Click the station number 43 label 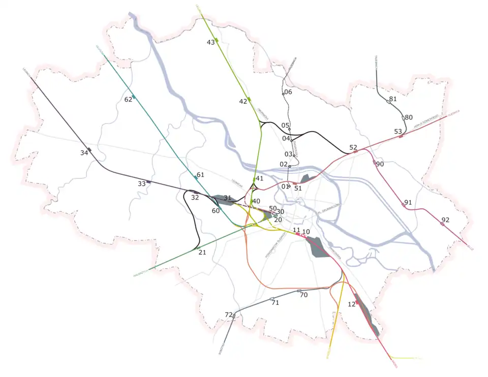[x=210, y=43]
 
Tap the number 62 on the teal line [x=128, y=100]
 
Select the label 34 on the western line [x=84, y=153]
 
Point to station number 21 [x=202, y=253]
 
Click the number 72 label [x=228, y=315]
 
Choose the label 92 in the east [x=445, y=220]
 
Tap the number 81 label [x=392, y=99]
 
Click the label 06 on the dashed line [x=288, y=92]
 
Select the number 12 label [x=351, y=304]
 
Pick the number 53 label [x=398, y=132]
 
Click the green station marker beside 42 [x=249, y=99]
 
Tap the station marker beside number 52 [x=355, y=151]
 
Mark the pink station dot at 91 [x=404, y=205]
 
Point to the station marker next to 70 [x=299, y=291]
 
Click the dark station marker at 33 [x=148, y=182]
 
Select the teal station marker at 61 [x=196, y=178]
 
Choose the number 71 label [x=276, y=303]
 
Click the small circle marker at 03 [x=294, y=155]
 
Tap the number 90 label [x=380, y=164]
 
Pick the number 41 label [x=260, y=178]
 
